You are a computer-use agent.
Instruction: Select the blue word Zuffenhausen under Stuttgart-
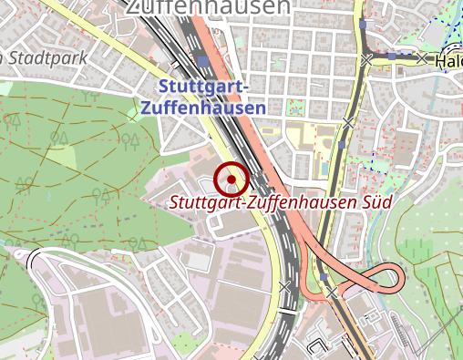point(203,107)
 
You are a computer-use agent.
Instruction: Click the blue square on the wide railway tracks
point(202,62)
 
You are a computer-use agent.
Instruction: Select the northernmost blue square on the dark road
point(363,25)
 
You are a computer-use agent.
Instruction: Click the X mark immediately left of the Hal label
point(421,57)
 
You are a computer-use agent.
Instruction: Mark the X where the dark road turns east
point(366,59)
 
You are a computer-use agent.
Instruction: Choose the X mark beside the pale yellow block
point(348,120)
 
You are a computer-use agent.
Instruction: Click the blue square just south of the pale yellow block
point(342,144)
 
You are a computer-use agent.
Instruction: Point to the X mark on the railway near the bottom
point(284,287)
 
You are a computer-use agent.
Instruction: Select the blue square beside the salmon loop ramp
point(324,275)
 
